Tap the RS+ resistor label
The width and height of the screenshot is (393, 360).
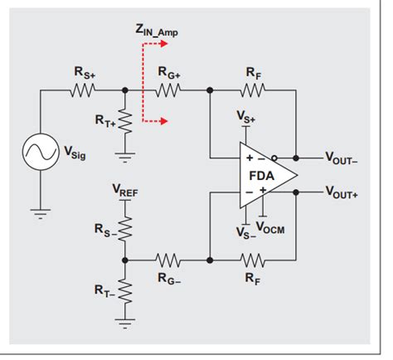click(x=85, y=73)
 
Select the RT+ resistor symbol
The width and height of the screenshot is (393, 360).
click(x=125, y=123)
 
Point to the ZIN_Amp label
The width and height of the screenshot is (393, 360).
click(x=157, y=32)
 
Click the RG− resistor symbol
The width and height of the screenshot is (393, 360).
click(x=168, y=260)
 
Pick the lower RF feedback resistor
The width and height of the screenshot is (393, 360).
click(x=254, y=260)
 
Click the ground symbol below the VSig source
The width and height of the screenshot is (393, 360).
click(x=40, y=214)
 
